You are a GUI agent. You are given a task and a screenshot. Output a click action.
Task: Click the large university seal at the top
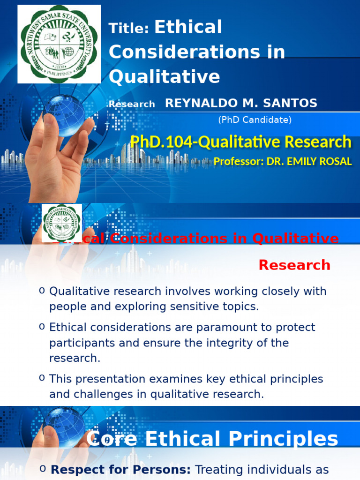pos(59,44)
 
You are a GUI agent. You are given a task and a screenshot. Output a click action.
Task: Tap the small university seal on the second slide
pos(62,223)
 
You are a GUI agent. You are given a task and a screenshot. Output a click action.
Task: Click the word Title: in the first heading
pos(129,29)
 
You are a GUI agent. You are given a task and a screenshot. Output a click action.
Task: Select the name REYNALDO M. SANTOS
pos(241,103)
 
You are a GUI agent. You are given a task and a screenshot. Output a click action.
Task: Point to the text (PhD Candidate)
pos(255,120)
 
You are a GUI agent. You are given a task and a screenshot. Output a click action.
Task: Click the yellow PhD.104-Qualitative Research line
pos(241,142)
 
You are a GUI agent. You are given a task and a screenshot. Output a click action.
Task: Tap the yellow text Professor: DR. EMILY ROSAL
pos(283,162)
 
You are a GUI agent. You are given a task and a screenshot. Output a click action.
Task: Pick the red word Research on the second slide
pos(294,265)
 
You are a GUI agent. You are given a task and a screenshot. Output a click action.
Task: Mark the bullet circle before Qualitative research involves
pos(42,291)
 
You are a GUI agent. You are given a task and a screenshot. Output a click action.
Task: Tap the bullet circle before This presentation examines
pos(42,378)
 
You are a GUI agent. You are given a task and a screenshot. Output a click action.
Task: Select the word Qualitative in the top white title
pos(165,76)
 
